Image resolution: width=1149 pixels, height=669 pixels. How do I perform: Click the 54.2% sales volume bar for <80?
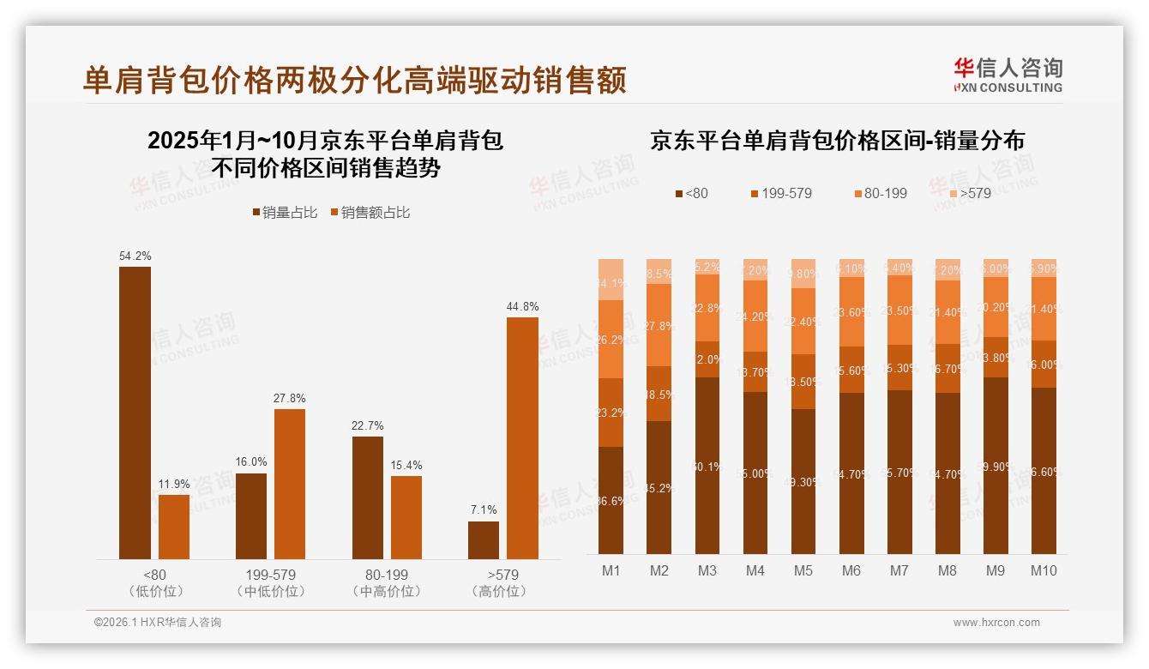(x=135, y=413)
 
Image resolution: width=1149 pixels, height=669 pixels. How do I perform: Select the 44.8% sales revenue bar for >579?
(x=522, y=438)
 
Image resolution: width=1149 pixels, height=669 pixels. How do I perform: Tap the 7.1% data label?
(x=484, y=509)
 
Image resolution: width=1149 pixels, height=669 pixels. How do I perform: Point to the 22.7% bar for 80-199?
(x=367, y=497)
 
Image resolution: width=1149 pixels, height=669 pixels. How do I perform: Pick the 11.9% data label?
(x=174, y=484)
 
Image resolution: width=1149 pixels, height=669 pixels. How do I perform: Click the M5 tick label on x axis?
(x=803, y=570)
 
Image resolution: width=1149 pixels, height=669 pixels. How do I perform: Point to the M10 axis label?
(x=1043, y=570)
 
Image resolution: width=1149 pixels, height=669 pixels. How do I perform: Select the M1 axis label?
(x=611, y=570)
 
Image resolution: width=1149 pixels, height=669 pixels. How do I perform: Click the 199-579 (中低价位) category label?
(x=270, y=582)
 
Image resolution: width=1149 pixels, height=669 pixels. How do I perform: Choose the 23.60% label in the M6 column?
(x=851, y=312)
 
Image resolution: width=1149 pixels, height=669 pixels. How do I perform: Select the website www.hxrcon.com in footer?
(x=996, y=623)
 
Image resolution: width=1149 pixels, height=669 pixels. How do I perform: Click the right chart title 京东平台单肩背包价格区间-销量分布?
(x=837, y=141)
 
